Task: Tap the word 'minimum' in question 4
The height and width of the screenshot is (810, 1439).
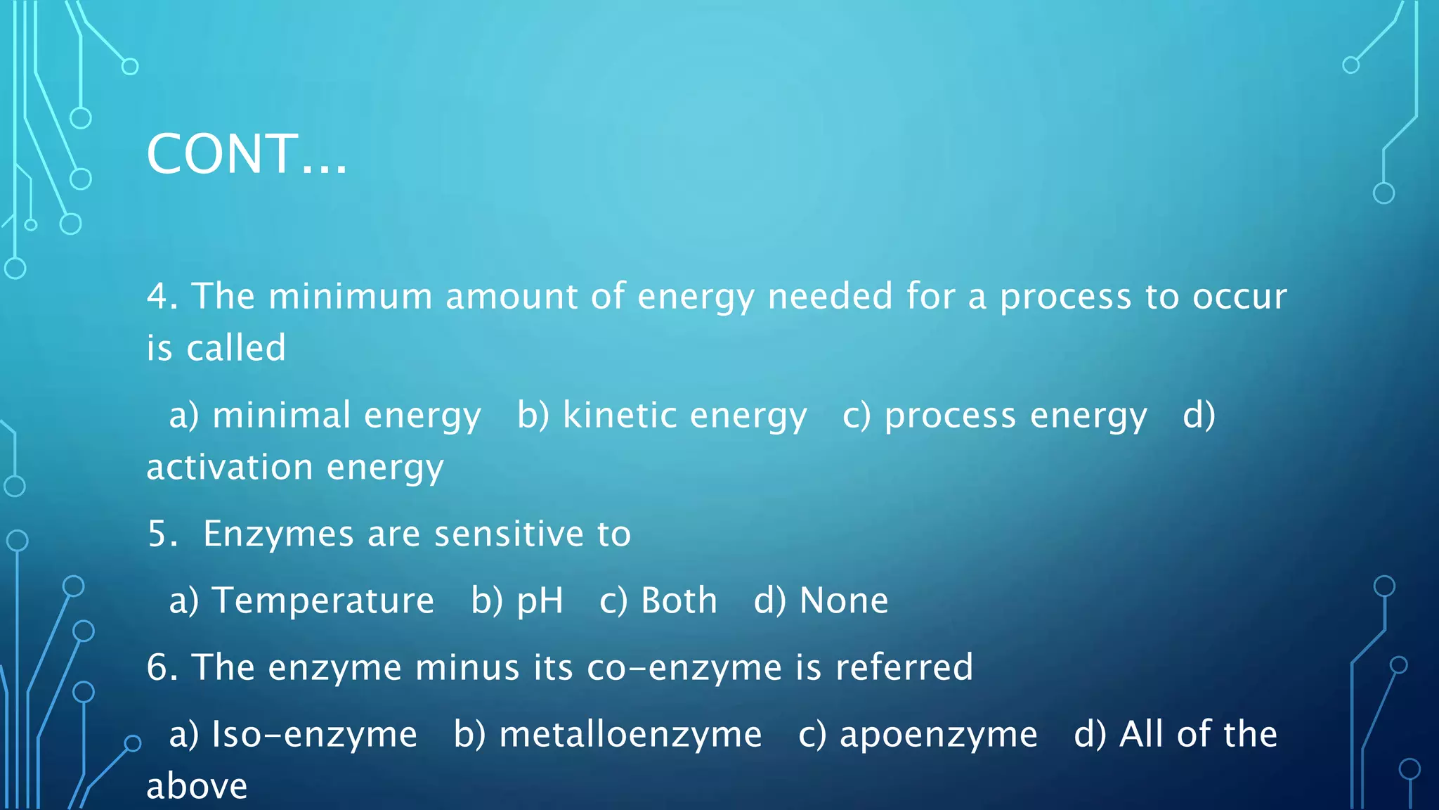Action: coord(350,296)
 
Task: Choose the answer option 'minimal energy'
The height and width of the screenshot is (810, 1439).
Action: coord(346,416)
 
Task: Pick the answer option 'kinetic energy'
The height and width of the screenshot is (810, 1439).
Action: coord(684,416)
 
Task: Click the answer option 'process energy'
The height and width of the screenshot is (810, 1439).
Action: coord(1015,416)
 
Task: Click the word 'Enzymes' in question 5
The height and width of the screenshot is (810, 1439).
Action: coord(278,534)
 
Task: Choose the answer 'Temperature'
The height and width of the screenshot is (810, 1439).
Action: coord(323,600)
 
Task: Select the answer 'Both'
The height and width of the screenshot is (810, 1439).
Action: coord(679,600)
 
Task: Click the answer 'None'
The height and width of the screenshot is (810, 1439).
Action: coord(844,600)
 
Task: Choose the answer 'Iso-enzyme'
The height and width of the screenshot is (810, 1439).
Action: coord(314,734)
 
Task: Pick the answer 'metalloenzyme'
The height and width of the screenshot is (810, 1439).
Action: coord(630,734)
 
